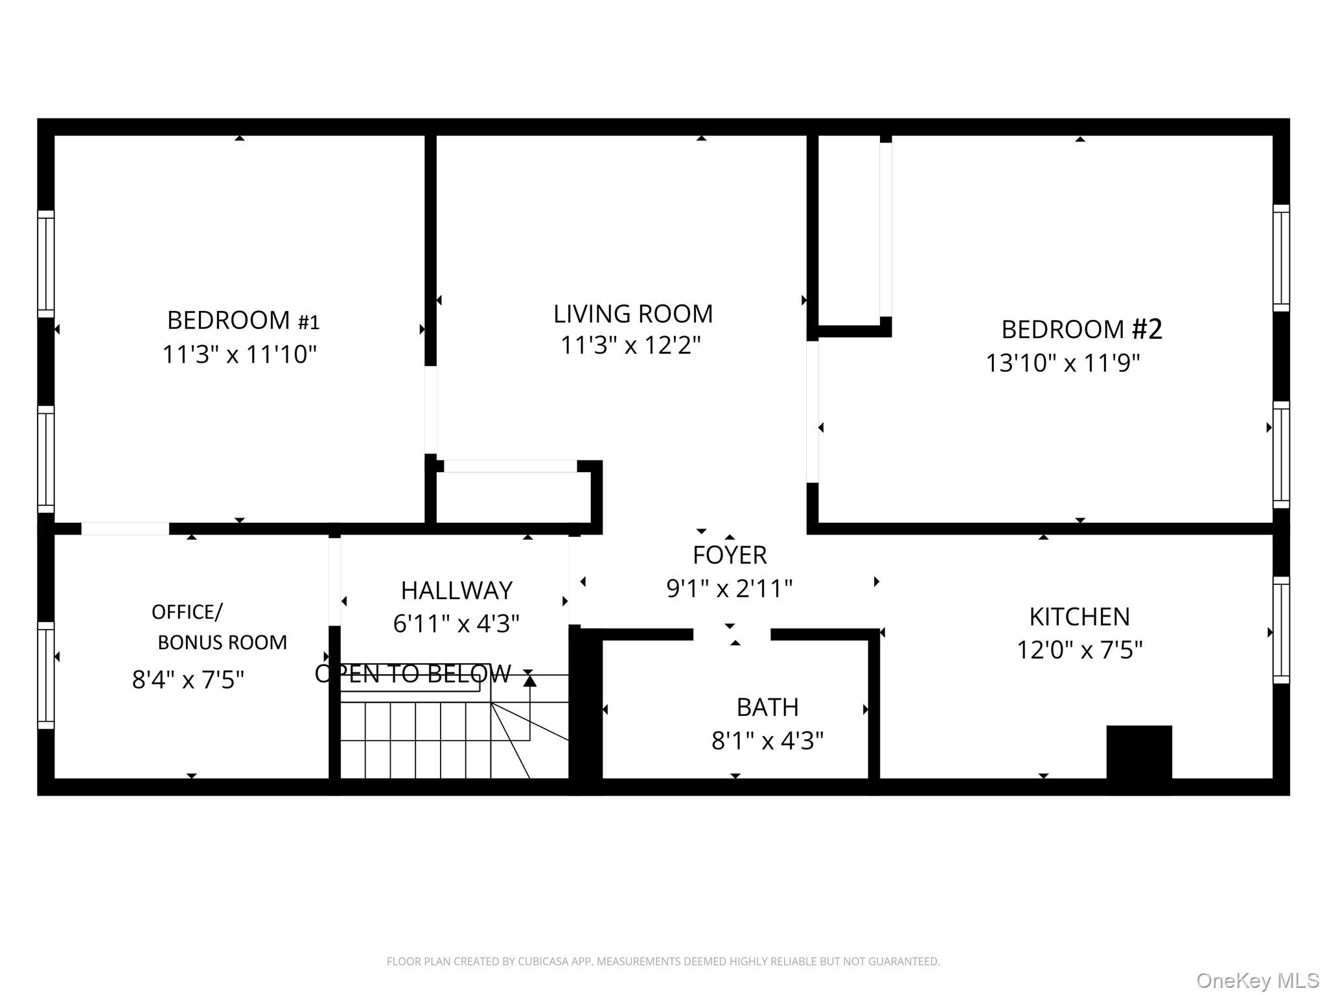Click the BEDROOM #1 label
pyautogui.click(x=243, y=321)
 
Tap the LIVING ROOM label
pyautogui.click(x=632, y=314)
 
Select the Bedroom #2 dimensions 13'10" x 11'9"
pyautogui.click(x=1063, y=363)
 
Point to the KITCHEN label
pyautogui.click(x=1079, y=617)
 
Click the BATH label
pyautogui.click(x=767, y=707)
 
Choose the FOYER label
pyautogui.click(x=730, y=555)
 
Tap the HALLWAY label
pyautogui.click(x=456, y=590)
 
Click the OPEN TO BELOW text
pyautogui.click(x=413, y=674)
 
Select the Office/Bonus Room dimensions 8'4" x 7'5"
pyautogui.click(x=188, y=680)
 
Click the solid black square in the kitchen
pyautogui.click(x=1139, y=751)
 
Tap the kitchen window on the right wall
pyautogui.click(x=1281, y=630)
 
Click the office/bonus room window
pyautogui.click(x=45, y=675)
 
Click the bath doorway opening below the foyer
pyautogui.click(x=732, y=634)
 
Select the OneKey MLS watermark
pyautogui.click(x=1257, y=980)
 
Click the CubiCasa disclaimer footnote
pyautogui.click(x=663, y=961)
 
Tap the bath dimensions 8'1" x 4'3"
pyautogui.click(x=767, y=740)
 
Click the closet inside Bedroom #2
pyautogui.click(x=849, y=230)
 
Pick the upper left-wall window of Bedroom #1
pyautogui.click(x=45, y=264)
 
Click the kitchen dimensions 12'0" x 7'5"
pyautogui.click(x=1079, y=650)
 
